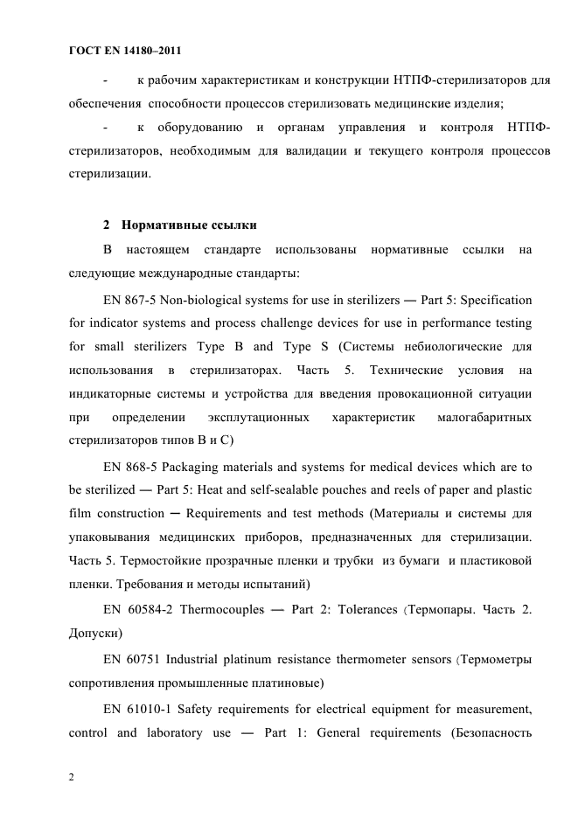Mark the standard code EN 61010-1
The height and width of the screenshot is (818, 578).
click(x=136, y=704)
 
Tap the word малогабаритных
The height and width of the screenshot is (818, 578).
click(x=484, y=419)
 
